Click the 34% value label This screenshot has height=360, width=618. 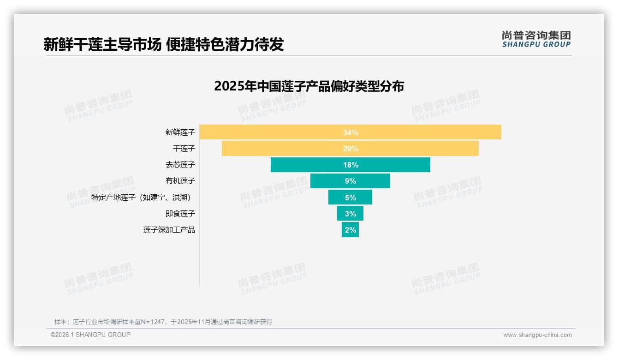351,132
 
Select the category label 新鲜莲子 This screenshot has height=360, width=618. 180,132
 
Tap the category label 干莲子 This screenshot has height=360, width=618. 184,149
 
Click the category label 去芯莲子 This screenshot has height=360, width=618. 180,165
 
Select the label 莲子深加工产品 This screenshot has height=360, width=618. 169,230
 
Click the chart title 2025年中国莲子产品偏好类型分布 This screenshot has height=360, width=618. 309,86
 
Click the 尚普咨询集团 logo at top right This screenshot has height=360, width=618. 536,39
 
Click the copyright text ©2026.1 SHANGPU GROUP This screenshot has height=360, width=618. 90,335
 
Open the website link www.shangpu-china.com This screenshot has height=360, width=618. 537,335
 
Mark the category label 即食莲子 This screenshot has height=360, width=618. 180,214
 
